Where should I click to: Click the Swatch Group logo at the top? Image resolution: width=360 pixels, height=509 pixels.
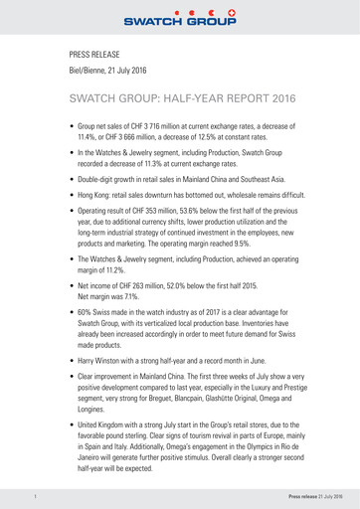(180, 16)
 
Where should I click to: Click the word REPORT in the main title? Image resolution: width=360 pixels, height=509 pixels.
(229, 101)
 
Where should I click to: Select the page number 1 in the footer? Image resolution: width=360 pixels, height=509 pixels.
(36, 495)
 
